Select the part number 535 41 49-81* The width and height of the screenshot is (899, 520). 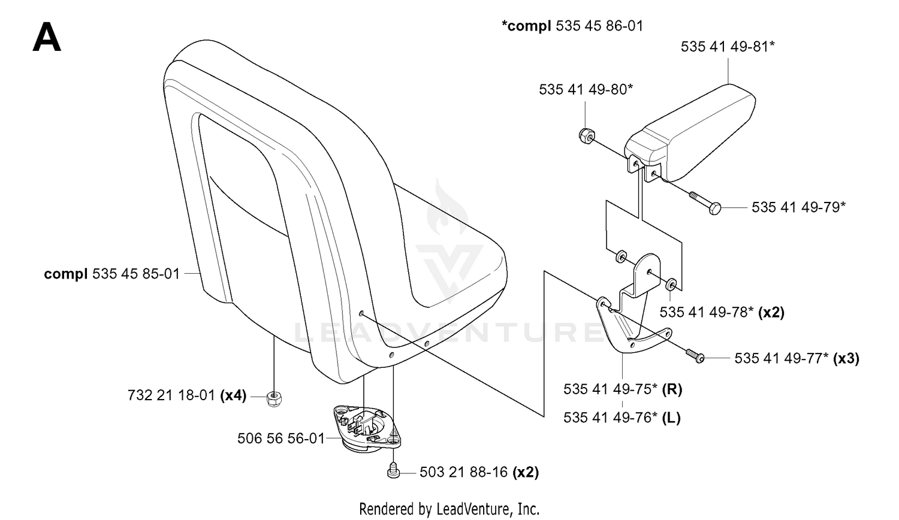727,47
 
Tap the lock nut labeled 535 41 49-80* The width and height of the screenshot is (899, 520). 587,136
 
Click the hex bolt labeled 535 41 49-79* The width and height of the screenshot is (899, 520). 705,203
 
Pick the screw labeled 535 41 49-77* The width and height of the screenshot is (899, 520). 695,356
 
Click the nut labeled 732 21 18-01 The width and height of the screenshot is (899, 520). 274,398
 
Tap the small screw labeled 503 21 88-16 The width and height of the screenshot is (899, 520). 394,471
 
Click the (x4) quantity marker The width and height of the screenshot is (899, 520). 233,395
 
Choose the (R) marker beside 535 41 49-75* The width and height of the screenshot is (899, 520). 672,389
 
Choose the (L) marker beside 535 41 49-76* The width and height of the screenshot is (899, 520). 671,418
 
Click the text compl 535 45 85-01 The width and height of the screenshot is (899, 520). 112,274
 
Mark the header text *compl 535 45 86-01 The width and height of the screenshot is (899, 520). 572,26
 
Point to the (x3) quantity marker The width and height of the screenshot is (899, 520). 846,358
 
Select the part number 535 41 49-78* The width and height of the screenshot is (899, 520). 707,312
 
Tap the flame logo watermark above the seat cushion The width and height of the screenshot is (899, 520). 447,208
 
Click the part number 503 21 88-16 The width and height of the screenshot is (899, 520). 463,472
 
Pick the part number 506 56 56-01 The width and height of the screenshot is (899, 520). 281,438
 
